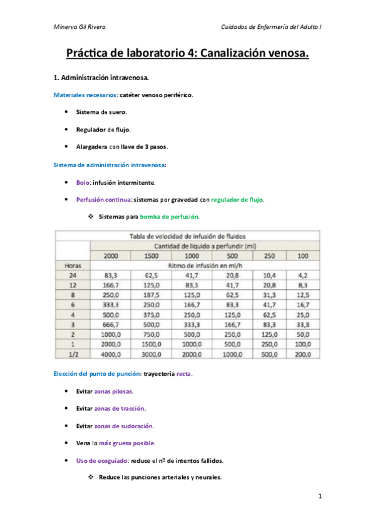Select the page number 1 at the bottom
tap(319, 497)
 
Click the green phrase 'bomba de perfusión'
tap(172, 217)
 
